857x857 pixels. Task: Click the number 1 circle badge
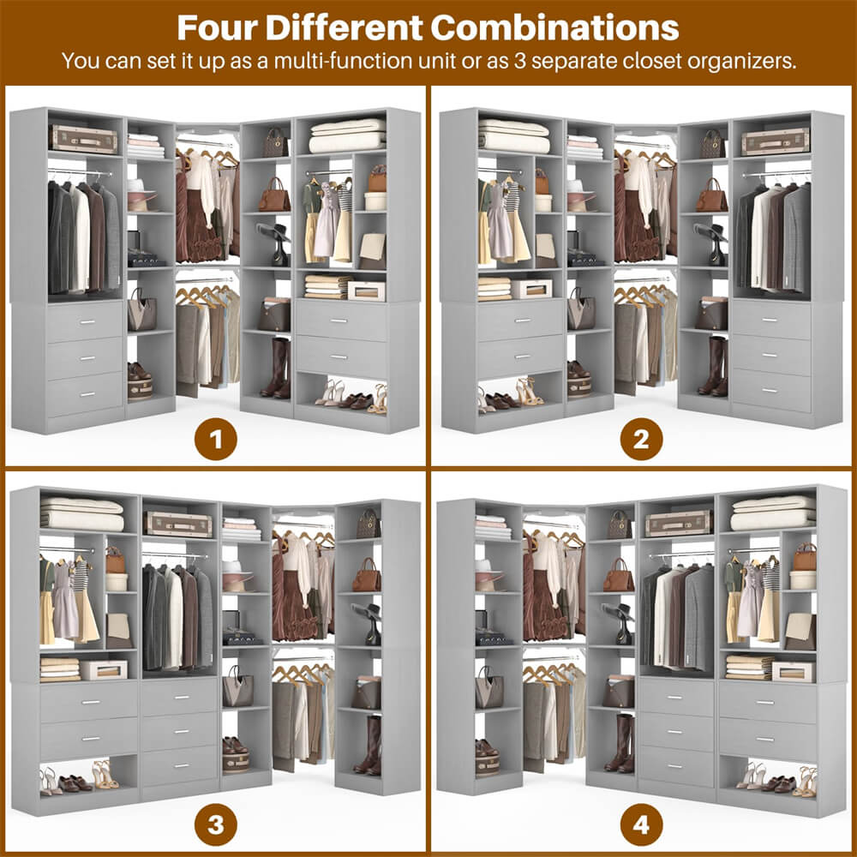[x=216, y=441]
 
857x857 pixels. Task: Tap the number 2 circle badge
[x=642, y=441]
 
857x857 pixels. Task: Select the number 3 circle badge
[x=216, y=825]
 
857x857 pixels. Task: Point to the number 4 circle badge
[x=642, y=825]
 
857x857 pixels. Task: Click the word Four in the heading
[x=217, y=27]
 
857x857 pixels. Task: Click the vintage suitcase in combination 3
[x=178, y=524]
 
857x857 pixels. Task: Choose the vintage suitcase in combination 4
[x=678, y=523]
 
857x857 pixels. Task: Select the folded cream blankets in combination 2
[x=513, y=136]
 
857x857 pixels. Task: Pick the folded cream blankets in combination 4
[x=773, y=512]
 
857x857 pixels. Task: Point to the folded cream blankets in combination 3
[x=82, y=513]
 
